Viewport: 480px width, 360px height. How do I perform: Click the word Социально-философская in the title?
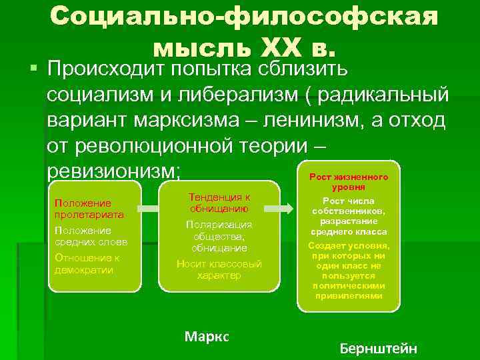(244, 18)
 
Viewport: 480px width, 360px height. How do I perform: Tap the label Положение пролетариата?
(83, 209)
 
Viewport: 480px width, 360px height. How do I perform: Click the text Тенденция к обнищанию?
(219, 203)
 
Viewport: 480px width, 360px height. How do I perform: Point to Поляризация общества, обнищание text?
(219, 236)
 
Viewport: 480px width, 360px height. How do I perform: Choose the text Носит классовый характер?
(219, 269)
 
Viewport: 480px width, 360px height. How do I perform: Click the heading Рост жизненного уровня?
(349, 182)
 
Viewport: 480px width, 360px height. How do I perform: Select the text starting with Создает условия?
(349, 270)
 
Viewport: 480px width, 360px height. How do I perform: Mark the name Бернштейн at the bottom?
(378, 348)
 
